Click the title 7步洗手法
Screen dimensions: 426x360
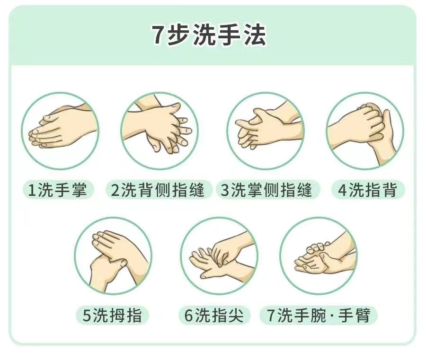(209, 35)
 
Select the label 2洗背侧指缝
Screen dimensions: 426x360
(158, 190)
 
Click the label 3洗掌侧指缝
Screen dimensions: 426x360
(266, 190)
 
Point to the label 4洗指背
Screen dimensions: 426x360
(368, 190)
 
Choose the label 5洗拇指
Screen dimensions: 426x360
(112, 315)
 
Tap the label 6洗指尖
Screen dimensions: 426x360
(214, 315)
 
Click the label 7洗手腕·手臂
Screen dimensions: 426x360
(319, 315)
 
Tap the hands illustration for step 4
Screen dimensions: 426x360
(365, 131)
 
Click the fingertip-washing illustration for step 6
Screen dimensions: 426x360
(219, 256)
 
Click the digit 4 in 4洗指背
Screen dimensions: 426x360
(343, 190)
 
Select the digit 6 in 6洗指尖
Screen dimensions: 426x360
(188, 315)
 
